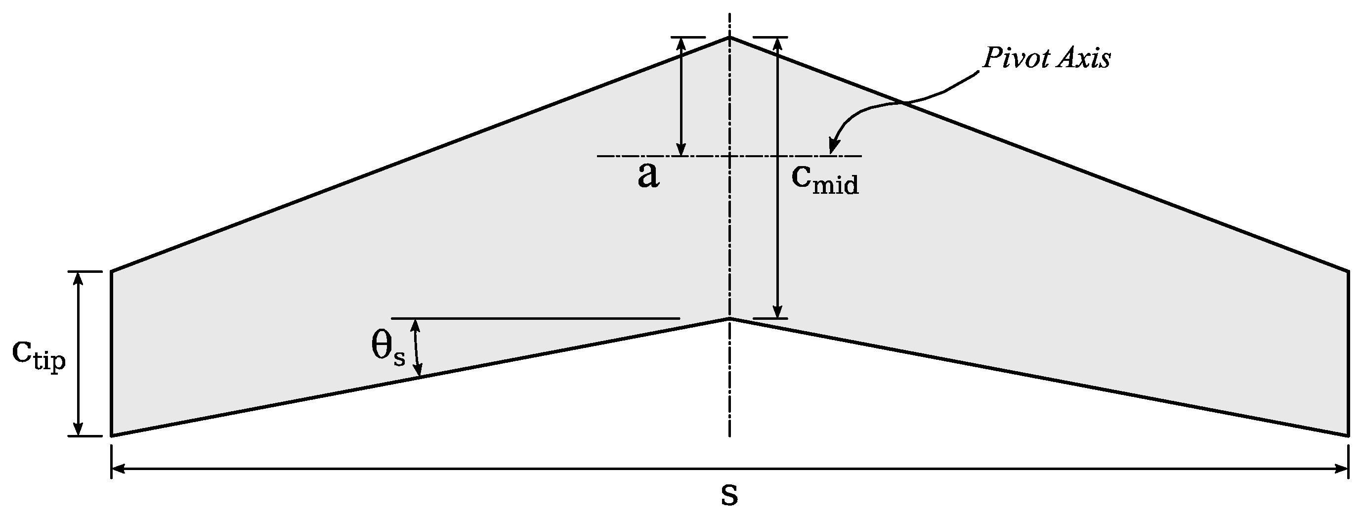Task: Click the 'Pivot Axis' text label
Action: [1046, 59]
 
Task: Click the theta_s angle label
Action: [388, 349]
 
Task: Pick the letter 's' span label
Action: [729, 495]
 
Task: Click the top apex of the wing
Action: [729, 38]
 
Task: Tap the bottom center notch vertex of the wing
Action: [729, 319]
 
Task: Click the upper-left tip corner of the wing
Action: [112, 271]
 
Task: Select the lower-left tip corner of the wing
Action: [112, 435]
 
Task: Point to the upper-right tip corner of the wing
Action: [1348, 271]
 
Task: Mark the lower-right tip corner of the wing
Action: [1348, 435]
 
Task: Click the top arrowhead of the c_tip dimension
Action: [78, 277]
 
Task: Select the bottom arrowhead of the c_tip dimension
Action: [78, 431]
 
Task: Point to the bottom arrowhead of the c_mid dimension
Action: [777, 313]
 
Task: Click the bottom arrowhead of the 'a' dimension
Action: [681, 151]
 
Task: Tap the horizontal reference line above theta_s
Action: [534, 319]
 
